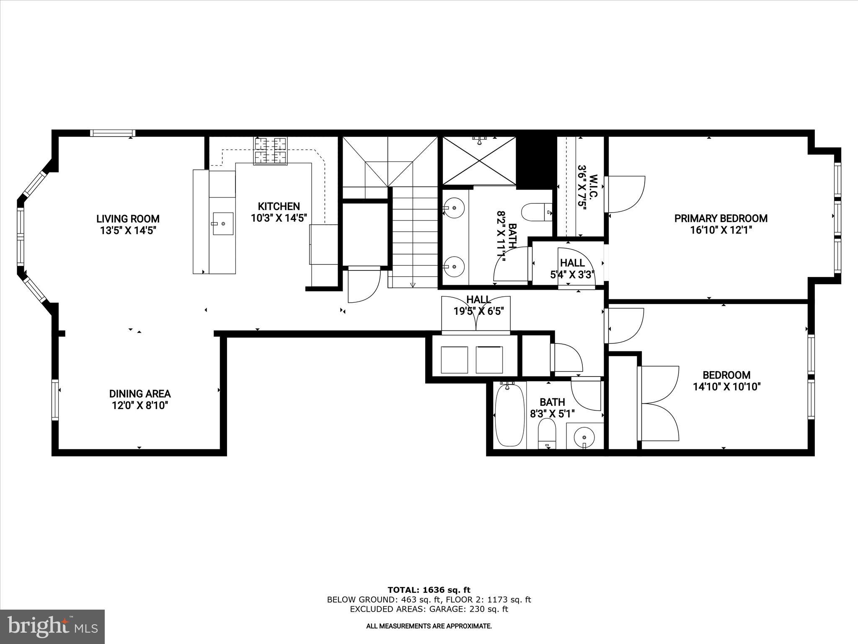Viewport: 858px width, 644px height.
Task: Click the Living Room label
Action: tap(128, 218)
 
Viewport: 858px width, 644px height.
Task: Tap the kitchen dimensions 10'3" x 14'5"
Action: tap(279, 218)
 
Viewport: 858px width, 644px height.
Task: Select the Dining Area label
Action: tap(140, 393)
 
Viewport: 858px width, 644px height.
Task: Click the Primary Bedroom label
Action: tap(721, 218)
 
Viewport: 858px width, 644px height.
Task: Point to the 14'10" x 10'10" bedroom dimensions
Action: tap(726, 387)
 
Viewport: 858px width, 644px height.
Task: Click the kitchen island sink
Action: tap(223, 224)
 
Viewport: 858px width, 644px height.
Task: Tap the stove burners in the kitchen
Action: tap(271, 151)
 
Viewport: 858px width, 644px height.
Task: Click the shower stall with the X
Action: tap(480, 161)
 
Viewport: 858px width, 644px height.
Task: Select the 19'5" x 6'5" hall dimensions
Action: tap(478, 311)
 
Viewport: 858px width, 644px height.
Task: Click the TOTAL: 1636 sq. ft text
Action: tap(429, 590)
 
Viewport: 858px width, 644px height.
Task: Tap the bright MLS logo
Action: tap(52, 627)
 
